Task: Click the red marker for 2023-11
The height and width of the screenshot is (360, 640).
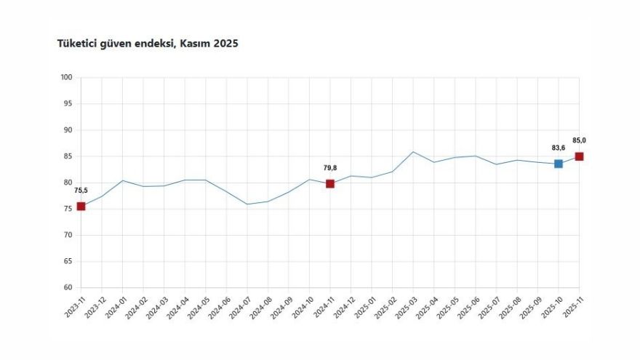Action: [x=81, y=207]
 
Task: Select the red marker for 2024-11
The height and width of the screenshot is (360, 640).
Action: [x=330, y=184]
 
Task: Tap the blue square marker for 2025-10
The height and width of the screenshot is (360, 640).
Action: [x=558, y=164]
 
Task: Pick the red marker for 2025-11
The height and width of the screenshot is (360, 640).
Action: [x=579, y=156]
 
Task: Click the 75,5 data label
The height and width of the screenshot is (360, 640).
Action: [x=81, y=191]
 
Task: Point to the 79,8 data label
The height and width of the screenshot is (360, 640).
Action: [x=330, y=168]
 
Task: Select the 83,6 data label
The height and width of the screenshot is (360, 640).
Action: [x=558, y=148]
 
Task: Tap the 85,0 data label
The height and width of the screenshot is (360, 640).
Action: [x=579, y=140]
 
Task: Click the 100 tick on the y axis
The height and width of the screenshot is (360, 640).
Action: [x=66, y=78]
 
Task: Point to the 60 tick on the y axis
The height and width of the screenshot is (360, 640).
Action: [x=68, y=287]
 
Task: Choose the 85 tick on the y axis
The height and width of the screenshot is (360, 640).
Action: [x=68, y=156]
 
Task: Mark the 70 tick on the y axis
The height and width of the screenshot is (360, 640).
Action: [x=68, y=235]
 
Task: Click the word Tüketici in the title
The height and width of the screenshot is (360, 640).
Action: [x=77, y=44]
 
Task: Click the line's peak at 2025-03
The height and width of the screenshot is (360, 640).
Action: [x=413, y=152]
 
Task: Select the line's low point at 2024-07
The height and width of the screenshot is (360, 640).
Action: [x=247, y=204]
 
